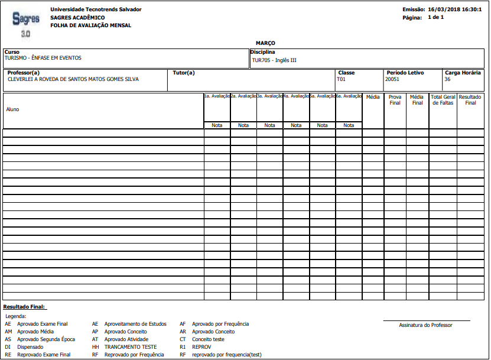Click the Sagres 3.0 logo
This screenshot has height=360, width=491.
tap(26, 23)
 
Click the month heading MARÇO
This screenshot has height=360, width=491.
tap(265, 43)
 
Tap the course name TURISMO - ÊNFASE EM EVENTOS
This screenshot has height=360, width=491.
tap(43, 58)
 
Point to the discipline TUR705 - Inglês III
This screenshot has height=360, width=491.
tap(274, 60)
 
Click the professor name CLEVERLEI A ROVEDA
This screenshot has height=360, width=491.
tap(73, 79)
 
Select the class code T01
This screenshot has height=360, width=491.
tap(341, 79)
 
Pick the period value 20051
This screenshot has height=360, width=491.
tap(392, 79)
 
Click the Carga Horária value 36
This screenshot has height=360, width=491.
tap(447, 79)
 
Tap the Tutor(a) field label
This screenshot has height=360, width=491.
tap(183, 73)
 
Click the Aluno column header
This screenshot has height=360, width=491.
tap(12, 109)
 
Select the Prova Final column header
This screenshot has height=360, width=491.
tap(395, 100)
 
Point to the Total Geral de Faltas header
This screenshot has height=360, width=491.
tap(443, 100)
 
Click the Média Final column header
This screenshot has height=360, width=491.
tap(417, 100)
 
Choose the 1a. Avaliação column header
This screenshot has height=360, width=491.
tap(217, 96)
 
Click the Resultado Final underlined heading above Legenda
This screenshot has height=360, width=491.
tap(24, 307)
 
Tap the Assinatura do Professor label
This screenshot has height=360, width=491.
tap(425, 325)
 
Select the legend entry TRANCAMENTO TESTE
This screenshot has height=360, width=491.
tap(131, 347)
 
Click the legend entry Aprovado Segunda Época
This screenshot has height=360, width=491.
tap(46, 339)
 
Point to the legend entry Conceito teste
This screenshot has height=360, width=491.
tap(208, 339)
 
